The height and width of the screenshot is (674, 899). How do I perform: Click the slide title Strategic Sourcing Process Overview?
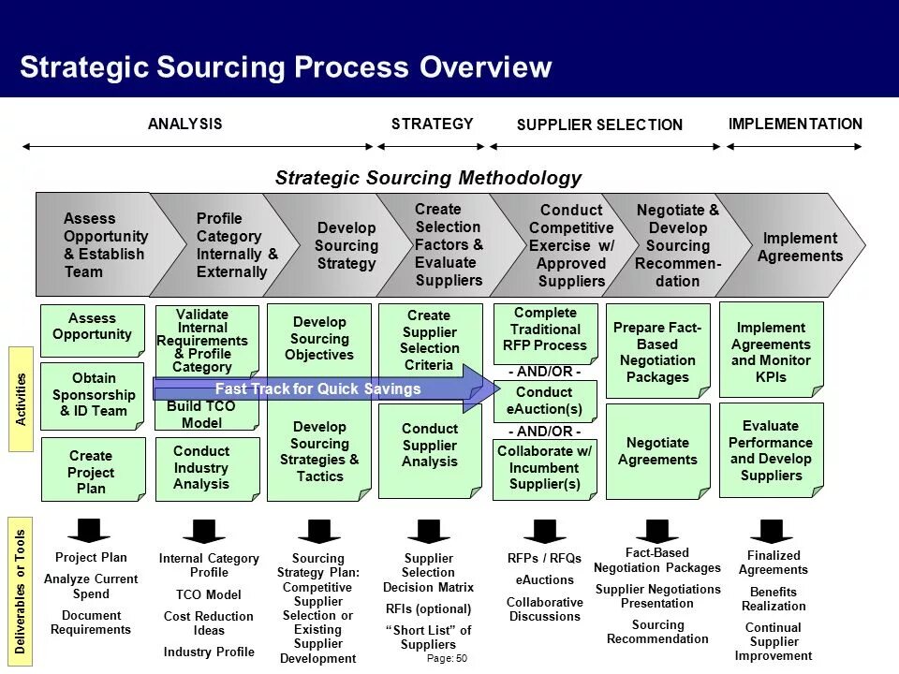tap(286, 67)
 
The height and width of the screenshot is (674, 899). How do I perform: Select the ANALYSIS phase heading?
tap(185, 124)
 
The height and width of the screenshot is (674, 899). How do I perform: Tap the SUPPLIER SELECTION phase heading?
tap(599, 125)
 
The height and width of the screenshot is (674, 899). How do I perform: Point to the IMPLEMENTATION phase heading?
tap(795, 124)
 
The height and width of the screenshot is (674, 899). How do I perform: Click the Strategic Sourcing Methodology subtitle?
tap(428, 178)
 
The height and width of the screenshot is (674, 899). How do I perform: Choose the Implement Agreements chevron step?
tap(799, 246)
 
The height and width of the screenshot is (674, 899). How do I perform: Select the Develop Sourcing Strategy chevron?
tap(346, 245)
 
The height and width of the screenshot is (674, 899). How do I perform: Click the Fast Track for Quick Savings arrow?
tap(318, 388)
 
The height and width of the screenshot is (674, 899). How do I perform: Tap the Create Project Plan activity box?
tap(91, 471)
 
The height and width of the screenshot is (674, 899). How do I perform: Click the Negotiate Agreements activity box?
tap(657, 451)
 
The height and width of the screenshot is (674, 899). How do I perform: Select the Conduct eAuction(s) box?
tap(544, 401)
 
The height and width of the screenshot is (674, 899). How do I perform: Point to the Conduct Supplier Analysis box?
tap(430, 446)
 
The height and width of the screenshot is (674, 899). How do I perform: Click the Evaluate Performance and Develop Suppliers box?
tap(771, 450)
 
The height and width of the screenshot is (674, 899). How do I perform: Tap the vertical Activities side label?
tap(22, 399)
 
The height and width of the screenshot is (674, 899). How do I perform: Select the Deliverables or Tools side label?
tap(22, 591)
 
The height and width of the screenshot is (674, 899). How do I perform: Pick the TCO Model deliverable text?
tap(209, 594)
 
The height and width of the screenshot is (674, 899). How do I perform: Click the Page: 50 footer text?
tap(447, 659)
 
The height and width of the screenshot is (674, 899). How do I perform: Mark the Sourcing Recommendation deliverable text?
tap(657, 632)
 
